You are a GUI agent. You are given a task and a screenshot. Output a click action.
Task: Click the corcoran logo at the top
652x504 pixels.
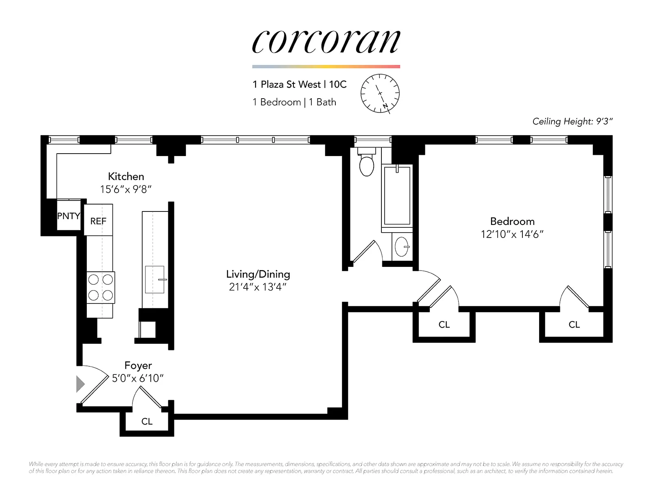tap(326, 42)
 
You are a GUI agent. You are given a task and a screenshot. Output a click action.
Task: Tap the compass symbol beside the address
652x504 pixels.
tap(380, 94)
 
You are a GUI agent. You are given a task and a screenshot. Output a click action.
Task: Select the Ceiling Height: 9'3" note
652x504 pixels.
tap(573, 121)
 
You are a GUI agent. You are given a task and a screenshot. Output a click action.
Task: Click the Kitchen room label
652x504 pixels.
tap(126, 176)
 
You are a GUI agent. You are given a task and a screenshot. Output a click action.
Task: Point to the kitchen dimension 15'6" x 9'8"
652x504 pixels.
tap(126, 189)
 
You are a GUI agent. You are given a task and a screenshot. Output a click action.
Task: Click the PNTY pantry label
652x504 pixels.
tap(68, 216)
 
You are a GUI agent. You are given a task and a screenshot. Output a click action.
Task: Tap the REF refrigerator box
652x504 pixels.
tap(98, 221)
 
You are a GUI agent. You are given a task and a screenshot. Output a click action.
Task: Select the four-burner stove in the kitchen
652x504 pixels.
tap(101, 287)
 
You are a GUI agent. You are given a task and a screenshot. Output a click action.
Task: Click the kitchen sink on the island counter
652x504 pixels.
tap(155, 280)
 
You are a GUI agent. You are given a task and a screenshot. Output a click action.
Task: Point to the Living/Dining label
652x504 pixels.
tap(258, 274)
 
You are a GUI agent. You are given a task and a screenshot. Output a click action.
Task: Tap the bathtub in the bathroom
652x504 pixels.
tap(397, 196)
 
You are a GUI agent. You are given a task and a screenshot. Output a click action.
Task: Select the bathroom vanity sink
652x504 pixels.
tap(402, 246)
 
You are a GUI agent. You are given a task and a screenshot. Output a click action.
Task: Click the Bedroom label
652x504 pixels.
tap(512, 221)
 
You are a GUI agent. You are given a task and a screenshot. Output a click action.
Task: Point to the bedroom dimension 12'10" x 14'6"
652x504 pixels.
tap(512, 234)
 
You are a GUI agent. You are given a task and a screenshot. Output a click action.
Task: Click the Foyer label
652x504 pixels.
tap(138, 365)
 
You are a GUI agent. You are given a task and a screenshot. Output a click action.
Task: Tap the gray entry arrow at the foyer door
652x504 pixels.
tap(80, 384)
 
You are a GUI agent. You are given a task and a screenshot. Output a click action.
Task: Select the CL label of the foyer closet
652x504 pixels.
tap(147, 422)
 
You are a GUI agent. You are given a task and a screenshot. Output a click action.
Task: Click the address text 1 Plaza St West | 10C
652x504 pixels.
tap(300, 84)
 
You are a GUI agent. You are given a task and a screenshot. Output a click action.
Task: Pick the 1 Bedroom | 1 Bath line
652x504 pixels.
tap(294, 102)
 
